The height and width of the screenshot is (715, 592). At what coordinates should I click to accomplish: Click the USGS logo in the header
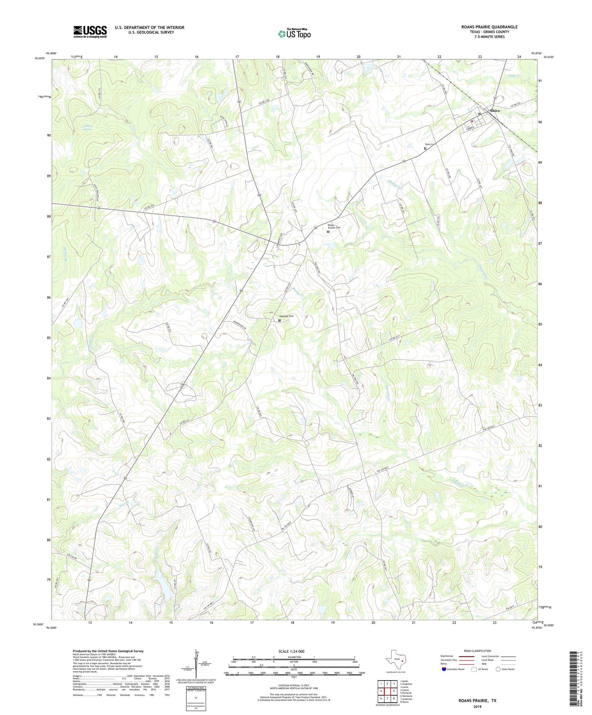tap(90, 32)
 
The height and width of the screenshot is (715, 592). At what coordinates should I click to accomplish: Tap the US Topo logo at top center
tap(294, 34)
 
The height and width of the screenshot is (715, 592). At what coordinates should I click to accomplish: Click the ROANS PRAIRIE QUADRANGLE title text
tap(489, 27)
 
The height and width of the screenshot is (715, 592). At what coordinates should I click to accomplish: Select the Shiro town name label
tap(494, 111)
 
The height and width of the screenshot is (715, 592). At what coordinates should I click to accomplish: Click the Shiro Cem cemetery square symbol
tap(425, 149)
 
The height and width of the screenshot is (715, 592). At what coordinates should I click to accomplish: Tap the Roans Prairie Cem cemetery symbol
tap(328, 232)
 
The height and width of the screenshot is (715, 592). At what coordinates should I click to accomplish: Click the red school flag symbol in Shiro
tap(472, 121)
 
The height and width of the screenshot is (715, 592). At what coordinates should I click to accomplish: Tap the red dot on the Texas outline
tap(402, 661)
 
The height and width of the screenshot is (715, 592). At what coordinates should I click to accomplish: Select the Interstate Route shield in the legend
tap(444, 669)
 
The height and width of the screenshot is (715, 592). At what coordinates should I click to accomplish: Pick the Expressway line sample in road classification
tap(464, 656)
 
